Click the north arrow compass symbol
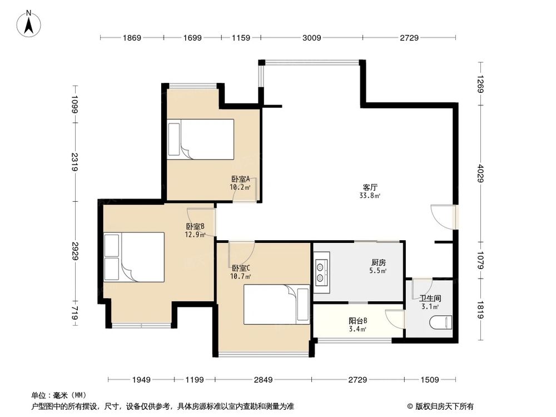[29, 23]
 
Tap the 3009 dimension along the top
[312, 38]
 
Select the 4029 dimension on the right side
[481, 173]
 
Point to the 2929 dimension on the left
[75, 251]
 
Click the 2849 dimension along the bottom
[263, 380]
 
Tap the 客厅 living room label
[370, 187]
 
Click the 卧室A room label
[240, 178]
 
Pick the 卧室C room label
[241, 268]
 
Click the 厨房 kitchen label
[378, 262]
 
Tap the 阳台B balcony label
[358, 321]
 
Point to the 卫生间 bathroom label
[430, 298]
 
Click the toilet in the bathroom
[441, 322]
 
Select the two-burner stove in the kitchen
[322, 272]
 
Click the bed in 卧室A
[201, 139]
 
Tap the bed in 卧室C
[276, 304]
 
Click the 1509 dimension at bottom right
[429, 380]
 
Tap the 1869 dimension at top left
[132, 38]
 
